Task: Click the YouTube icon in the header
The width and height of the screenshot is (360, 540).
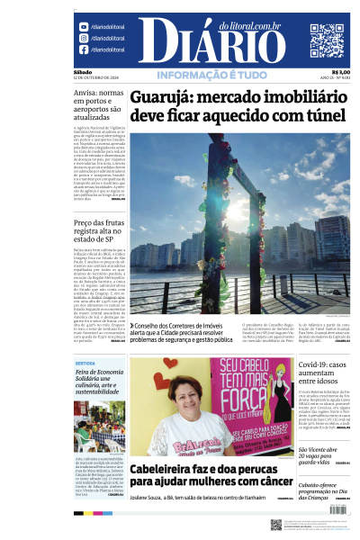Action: coord(84,27)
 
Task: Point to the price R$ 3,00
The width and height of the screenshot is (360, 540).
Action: coord(341,73)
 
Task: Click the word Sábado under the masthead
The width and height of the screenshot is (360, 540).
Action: coord(83,72)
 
